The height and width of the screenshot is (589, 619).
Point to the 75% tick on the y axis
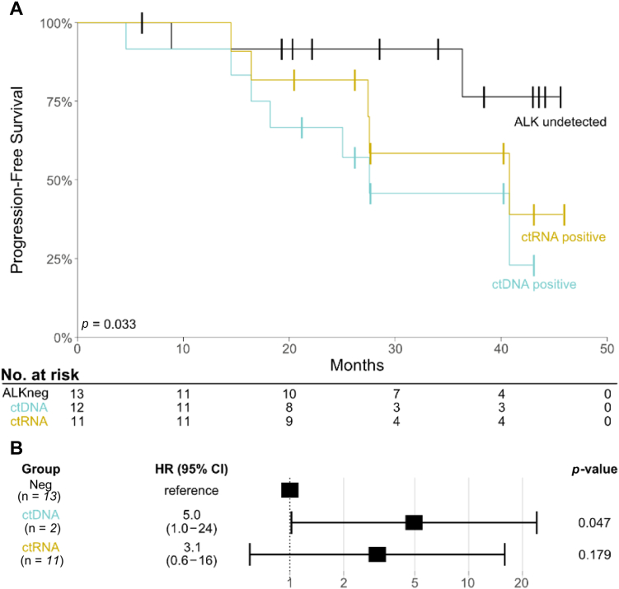tap(74, 101)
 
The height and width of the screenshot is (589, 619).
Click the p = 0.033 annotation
tap(108, 324)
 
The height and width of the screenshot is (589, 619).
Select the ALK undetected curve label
tap(560, 123)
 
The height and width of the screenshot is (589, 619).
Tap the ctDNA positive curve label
tap(533, 284)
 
